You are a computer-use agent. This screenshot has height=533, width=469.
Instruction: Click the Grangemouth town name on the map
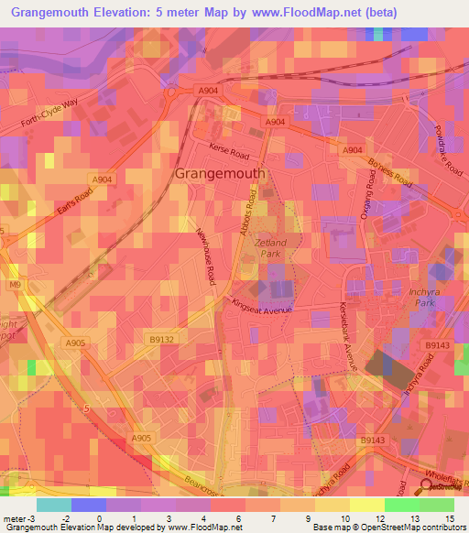tap(220, 173)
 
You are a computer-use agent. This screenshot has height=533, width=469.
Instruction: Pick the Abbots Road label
tap(247, 217)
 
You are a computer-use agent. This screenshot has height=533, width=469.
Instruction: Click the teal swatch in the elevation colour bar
tap(53, 504)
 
